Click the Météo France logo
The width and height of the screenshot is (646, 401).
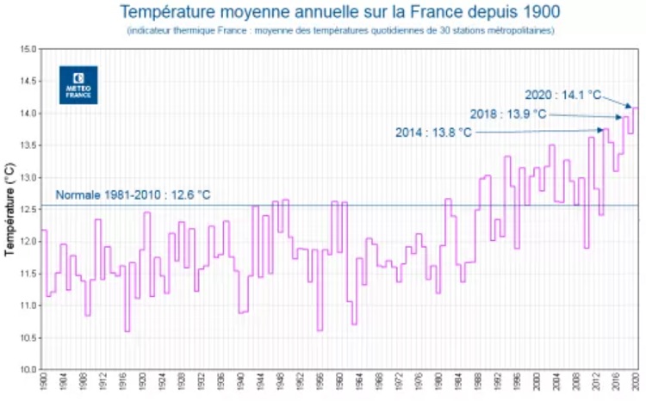[78, 84]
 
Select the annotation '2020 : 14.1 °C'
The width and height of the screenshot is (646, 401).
[562, 95]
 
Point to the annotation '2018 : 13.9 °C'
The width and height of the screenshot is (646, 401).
[507, 114]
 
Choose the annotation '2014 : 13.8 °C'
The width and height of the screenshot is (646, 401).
[433, 133]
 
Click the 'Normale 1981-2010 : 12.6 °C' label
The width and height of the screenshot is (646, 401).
[134, 194]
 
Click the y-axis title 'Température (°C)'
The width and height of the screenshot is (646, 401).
[11, 209]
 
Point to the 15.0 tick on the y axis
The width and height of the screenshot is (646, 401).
[28, 49]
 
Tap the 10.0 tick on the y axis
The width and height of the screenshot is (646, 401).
[28, 370]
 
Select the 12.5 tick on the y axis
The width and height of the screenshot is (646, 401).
[28, 209]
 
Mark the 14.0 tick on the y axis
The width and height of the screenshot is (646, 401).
[28, 114]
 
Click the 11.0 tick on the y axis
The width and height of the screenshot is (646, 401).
[28, 305]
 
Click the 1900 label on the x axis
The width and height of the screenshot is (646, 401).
[42, 385]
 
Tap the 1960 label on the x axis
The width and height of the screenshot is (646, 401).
[339, 385]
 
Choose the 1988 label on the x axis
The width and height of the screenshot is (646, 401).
[478, 385]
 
